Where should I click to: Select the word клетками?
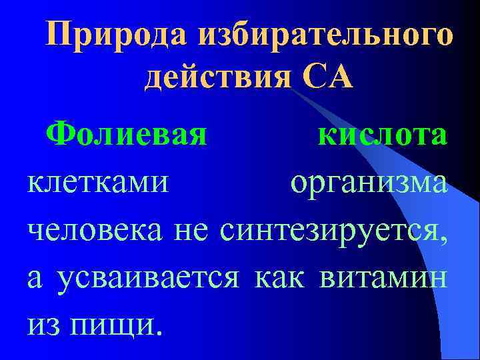(97, 183)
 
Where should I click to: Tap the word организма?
(369, 183)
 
